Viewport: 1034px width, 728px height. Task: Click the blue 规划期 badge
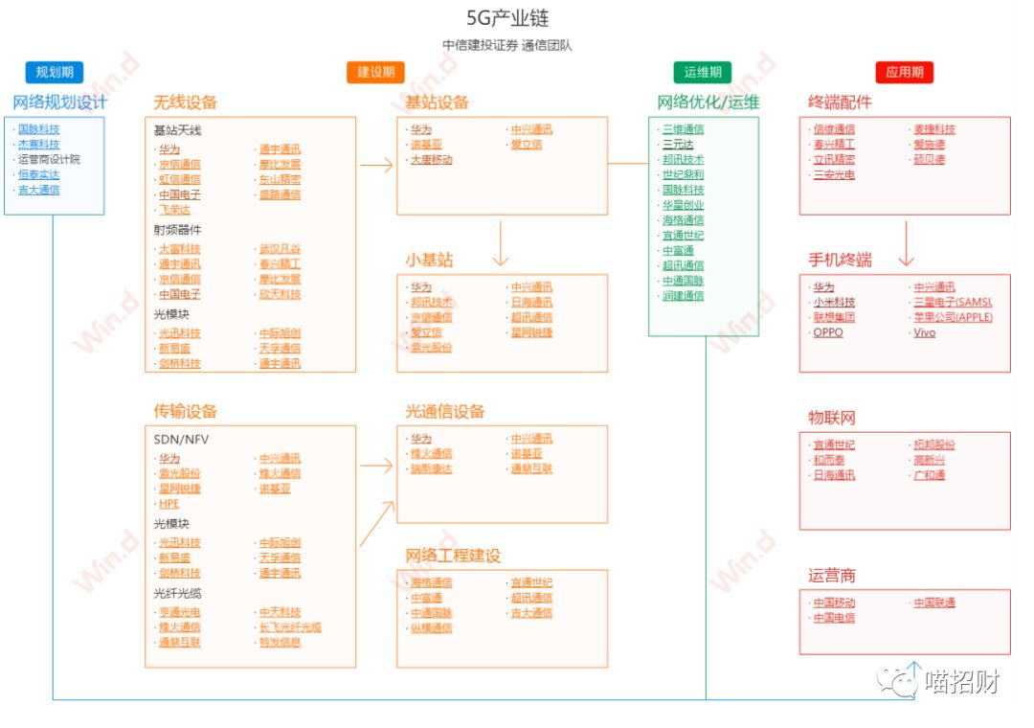coord(55,72)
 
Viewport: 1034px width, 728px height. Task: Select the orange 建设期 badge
coord(375,72)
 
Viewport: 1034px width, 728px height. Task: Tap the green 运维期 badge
coord(702,72)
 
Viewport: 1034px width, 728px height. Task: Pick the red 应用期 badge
coord(904,72)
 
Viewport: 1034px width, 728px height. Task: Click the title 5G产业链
coord(507,18)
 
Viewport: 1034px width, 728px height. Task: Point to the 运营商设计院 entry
coord(49,159)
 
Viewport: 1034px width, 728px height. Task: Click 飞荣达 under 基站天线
coord(174,209)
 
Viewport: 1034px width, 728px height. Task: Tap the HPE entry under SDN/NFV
coord(169,504)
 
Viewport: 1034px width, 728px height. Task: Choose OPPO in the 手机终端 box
coord(828,332)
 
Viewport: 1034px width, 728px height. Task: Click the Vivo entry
coord(924,332)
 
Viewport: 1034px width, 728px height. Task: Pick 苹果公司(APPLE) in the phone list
coord(953,317)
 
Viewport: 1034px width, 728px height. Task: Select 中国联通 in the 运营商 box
coord(933,603)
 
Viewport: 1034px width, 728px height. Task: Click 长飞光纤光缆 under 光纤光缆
coord(290,627)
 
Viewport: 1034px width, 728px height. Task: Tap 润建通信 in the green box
coord(684,296)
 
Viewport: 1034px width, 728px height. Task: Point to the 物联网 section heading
coord(831,418)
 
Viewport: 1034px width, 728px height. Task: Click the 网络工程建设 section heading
coord(453,556)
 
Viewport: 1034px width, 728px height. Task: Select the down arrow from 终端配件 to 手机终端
coord(905,243)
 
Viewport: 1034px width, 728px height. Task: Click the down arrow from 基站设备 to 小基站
coord(500,243)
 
